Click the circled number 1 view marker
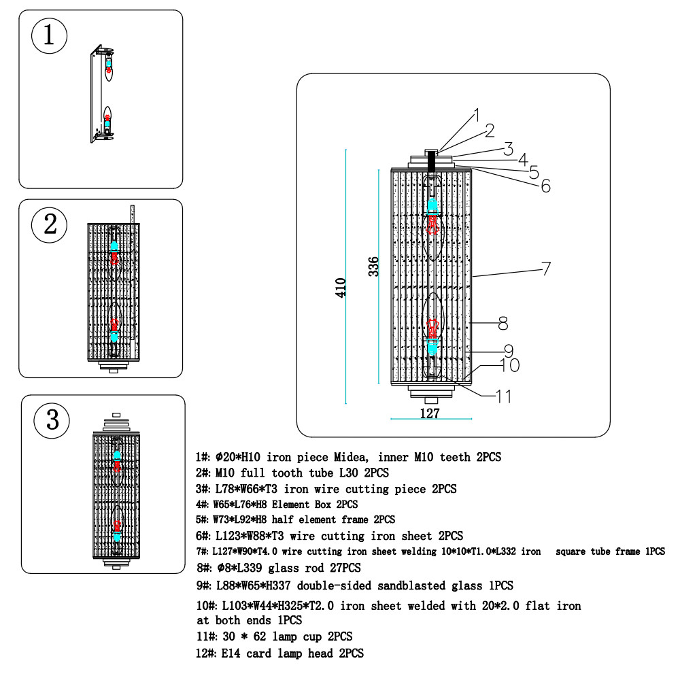point(49,35)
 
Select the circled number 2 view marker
point(50,224)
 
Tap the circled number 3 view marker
point(52,420)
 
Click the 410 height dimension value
point(341,286)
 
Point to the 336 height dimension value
point(373,266)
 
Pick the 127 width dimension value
point(430,413)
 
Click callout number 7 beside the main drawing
point(545,269)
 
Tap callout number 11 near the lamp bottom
point(504,395)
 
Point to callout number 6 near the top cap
point(545,186)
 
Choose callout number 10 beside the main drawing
point(509,366)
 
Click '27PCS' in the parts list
point(343,568)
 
